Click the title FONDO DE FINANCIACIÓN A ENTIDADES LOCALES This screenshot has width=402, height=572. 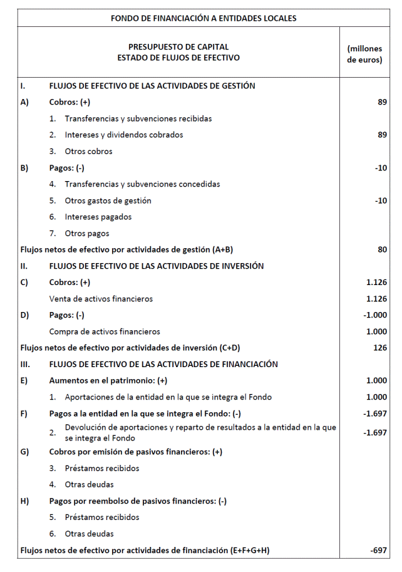click(x=204, y=18)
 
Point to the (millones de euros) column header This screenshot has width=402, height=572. click(x=364, y=55)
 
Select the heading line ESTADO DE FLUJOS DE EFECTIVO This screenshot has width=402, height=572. click(x=178, y=58)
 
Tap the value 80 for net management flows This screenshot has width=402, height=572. click(x=382, y=250)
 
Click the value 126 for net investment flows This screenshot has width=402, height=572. click(x=379, y=348)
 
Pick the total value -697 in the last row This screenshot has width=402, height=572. click(x=378, y=551)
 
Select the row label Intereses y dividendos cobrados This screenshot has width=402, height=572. click(x=123, y=135)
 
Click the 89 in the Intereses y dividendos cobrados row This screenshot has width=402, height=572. click(x=382, y=135)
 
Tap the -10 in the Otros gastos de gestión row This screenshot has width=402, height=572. click(x=381, y=200)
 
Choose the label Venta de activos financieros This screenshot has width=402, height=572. click(x=101, y=299)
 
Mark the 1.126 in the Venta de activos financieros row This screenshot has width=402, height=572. click(x=376, y=299)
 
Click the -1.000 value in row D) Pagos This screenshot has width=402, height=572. click(x=375, y=315)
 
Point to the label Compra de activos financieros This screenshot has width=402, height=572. click(x=105, y=331)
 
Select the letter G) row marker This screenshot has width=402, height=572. click(x=25, y=452)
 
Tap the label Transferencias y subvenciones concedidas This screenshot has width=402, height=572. click(x=142, y=184)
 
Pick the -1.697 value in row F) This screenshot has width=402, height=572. click(x=375, y=413)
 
